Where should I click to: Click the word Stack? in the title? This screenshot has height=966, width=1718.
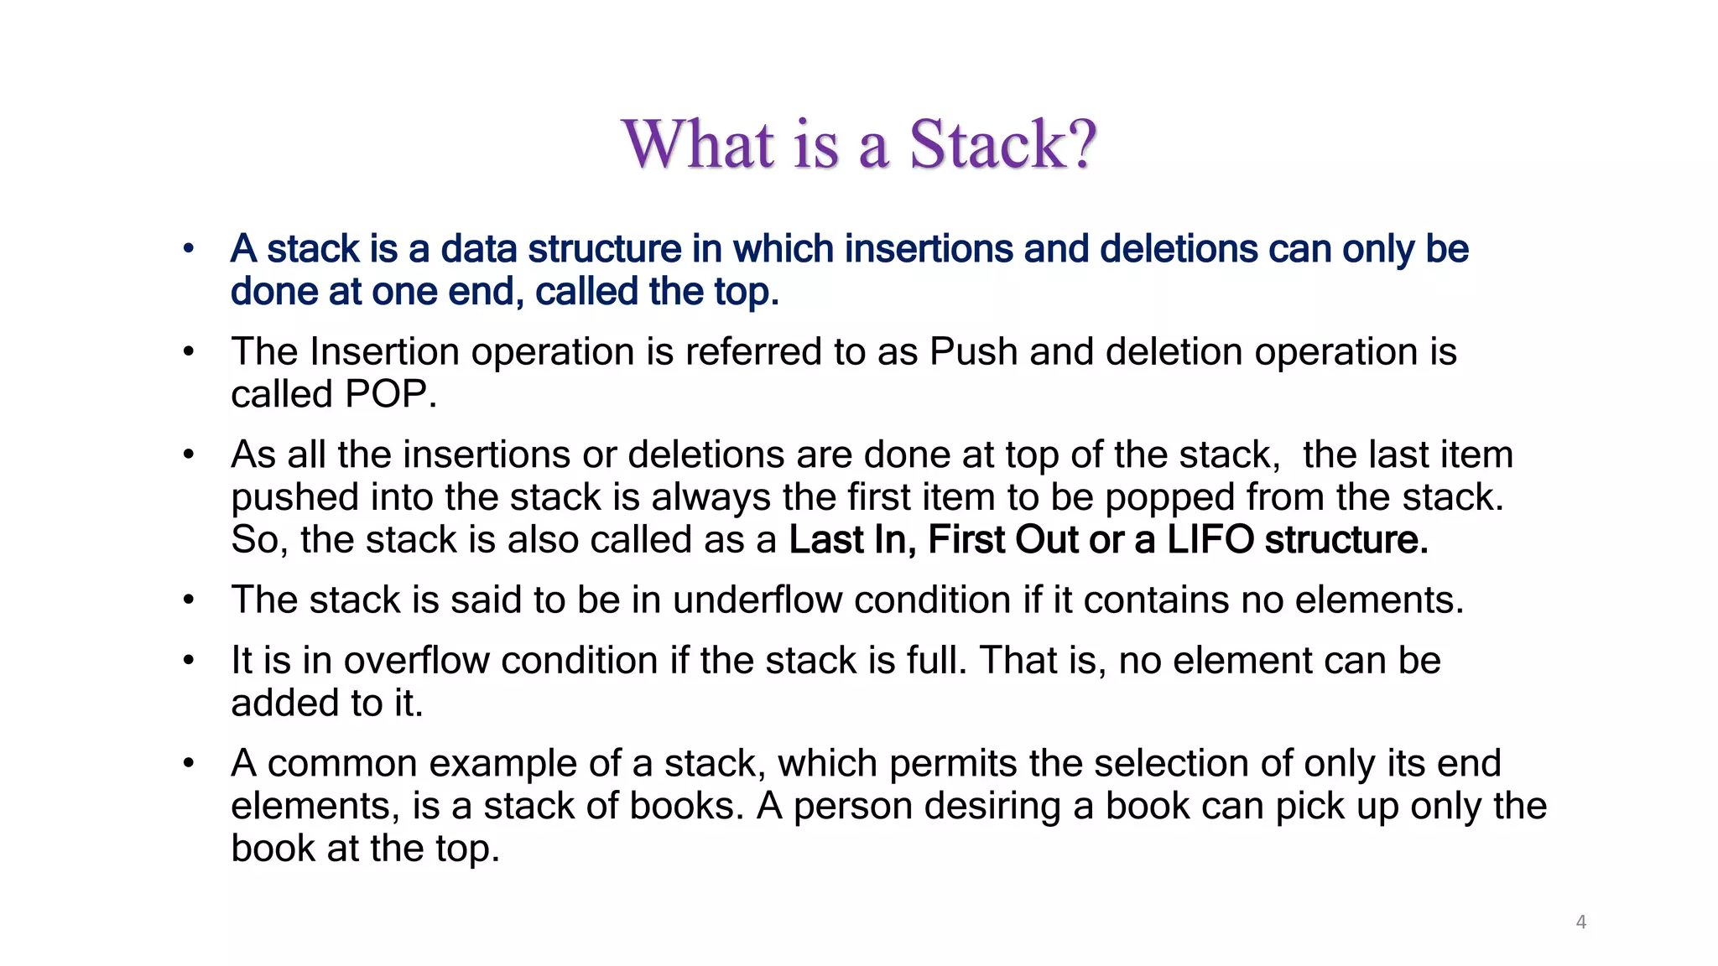(1003, 144)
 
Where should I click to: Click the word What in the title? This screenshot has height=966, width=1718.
(698, 144)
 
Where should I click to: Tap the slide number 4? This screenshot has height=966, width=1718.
(1581, 922)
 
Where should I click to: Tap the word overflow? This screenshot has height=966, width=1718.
(416, 661)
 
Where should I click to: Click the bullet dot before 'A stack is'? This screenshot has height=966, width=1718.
(189, 248)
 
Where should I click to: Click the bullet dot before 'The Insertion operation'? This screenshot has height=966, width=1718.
(189, 351)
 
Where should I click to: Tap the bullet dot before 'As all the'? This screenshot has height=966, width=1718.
(189, 454)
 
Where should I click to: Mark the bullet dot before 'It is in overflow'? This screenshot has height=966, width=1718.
(189, 661)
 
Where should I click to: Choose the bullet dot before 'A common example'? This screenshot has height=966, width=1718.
(189, 763)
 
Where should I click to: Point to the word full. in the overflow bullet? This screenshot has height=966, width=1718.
(936, 661)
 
